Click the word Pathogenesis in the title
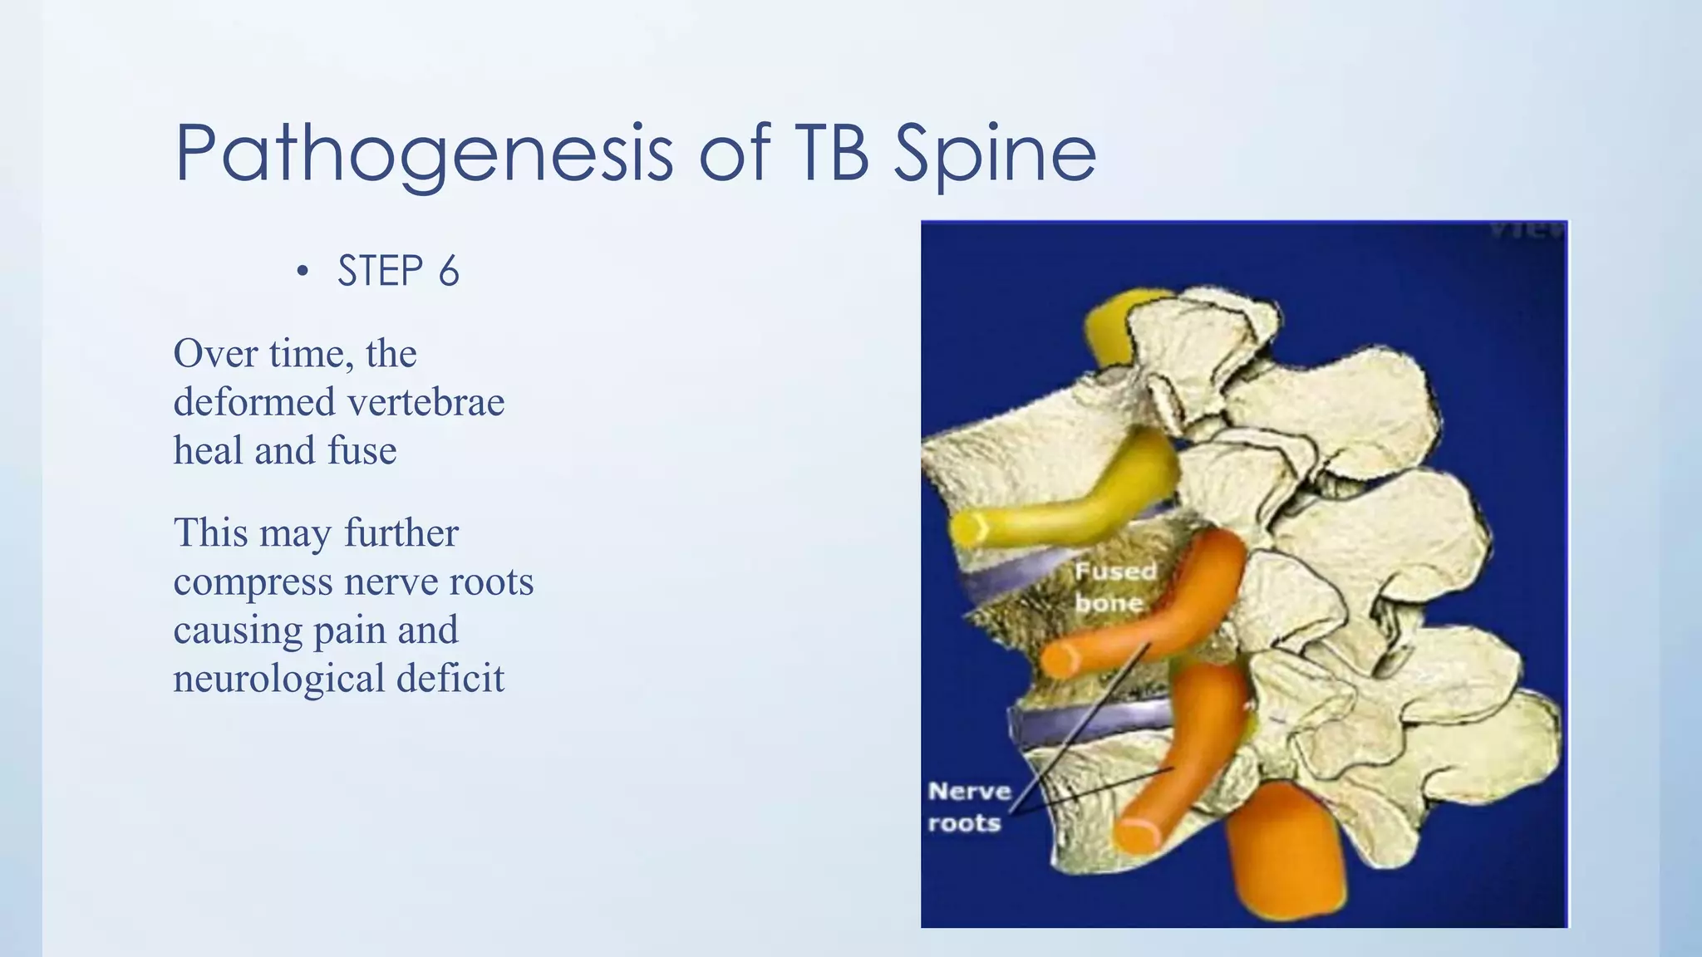point(424,154)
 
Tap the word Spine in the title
point(995,154)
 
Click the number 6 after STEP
point(449,272)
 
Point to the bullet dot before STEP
point(303,272)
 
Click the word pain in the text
point(350,630)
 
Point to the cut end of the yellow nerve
point(969,528)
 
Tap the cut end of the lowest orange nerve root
point(1135,833)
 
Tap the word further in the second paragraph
point(401,532)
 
